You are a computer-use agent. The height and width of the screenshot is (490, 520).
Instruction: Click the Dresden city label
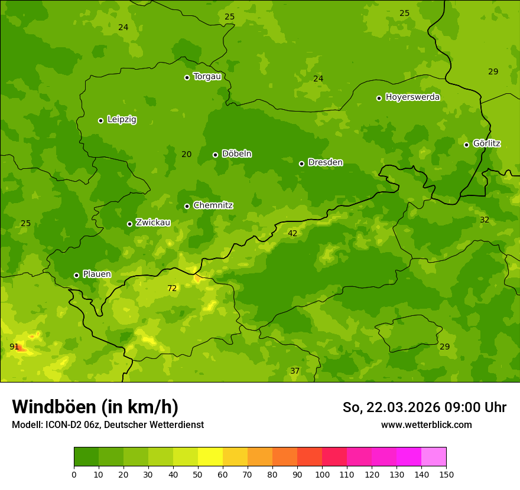point(325,162)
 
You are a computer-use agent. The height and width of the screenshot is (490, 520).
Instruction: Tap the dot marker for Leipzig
point(100,120)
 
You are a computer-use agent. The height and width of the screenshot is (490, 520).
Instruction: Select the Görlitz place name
point(486,143)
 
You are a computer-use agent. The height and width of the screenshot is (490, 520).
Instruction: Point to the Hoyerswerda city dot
point(379,98)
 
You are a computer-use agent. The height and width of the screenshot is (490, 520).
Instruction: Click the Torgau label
point(207,77)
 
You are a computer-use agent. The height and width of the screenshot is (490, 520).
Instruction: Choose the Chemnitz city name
point(213,205)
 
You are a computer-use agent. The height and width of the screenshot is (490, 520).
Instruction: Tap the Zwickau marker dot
point(129,224)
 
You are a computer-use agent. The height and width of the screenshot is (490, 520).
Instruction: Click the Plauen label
point(96,274)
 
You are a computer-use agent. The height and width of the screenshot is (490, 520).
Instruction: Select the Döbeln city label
point(236,153)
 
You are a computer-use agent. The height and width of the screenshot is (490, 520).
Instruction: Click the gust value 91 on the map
point(14,347)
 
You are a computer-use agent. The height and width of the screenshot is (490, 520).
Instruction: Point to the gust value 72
point(172,289)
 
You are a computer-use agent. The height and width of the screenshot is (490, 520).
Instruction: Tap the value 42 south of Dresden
point(292,233)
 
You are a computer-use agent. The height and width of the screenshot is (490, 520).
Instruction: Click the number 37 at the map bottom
point(295,371)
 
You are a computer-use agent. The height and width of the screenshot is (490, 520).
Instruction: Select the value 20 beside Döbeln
point(186,154)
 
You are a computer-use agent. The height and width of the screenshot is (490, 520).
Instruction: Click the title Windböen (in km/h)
point(95,407)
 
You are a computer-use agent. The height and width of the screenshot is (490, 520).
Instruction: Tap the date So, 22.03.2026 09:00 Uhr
point(424,407)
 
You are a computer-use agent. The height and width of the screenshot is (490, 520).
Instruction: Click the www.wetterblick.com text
point(426,424)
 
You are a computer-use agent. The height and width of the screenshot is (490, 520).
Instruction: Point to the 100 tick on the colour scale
point(322,473)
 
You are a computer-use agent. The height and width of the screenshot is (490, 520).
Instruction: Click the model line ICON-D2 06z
point(108,424)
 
